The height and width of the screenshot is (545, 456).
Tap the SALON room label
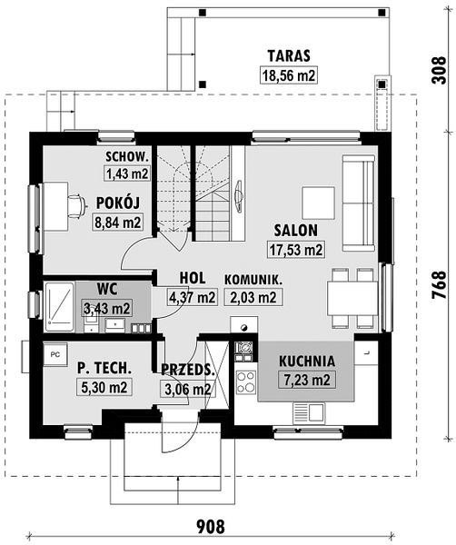point(295,230)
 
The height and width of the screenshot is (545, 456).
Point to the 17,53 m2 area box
point(295,249)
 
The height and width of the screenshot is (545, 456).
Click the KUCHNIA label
point(307,361)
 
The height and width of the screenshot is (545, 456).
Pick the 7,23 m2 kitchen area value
point(307,380)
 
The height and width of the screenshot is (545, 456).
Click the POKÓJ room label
point(116,203)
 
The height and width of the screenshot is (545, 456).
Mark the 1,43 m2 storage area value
point(126,173)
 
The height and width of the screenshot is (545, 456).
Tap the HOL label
point(193,278)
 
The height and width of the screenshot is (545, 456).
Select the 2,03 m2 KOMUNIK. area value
point(255,297)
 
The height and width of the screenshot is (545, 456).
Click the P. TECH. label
point(104,368)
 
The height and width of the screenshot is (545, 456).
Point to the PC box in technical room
point(55,352)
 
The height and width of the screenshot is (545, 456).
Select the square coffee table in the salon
point(318,202)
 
